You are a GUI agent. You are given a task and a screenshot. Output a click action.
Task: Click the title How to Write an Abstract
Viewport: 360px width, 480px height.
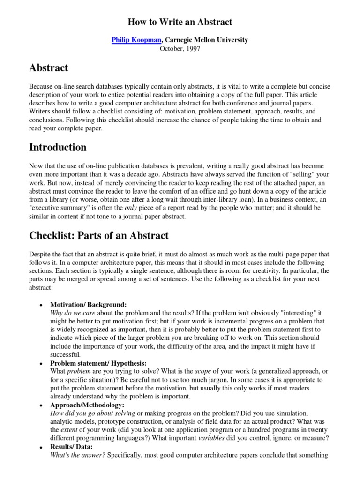(x=180, y=22)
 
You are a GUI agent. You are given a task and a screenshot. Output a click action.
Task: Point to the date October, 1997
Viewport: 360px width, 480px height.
(x=180, y=49)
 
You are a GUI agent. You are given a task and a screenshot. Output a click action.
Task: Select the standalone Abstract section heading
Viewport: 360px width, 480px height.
(x=48, y=67)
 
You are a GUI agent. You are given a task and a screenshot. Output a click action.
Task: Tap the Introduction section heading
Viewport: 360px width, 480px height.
(x=58, y=147)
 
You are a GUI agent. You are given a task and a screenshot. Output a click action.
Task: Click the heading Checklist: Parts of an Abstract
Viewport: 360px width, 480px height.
(x=99, y=235)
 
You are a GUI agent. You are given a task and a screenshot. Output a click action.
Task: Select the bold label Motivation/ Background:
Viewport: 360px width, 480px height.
(x=88, y=304)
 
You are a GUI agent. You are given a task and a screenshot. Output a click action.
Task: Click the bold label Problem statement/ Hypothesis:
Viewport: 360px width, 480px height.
(x=98, y=363)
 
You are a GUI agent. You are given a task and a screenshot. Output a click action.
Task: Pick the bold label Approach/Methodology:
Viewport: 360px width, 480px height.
(x=87, y=405)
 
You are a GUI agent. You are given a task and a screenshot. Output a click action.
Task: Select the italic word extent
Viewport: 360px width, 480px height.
(x=71, y=430)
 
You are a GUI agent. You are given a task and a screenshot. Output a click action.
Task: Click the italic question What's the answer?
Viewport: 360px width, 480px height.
(x=77, y=455)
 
